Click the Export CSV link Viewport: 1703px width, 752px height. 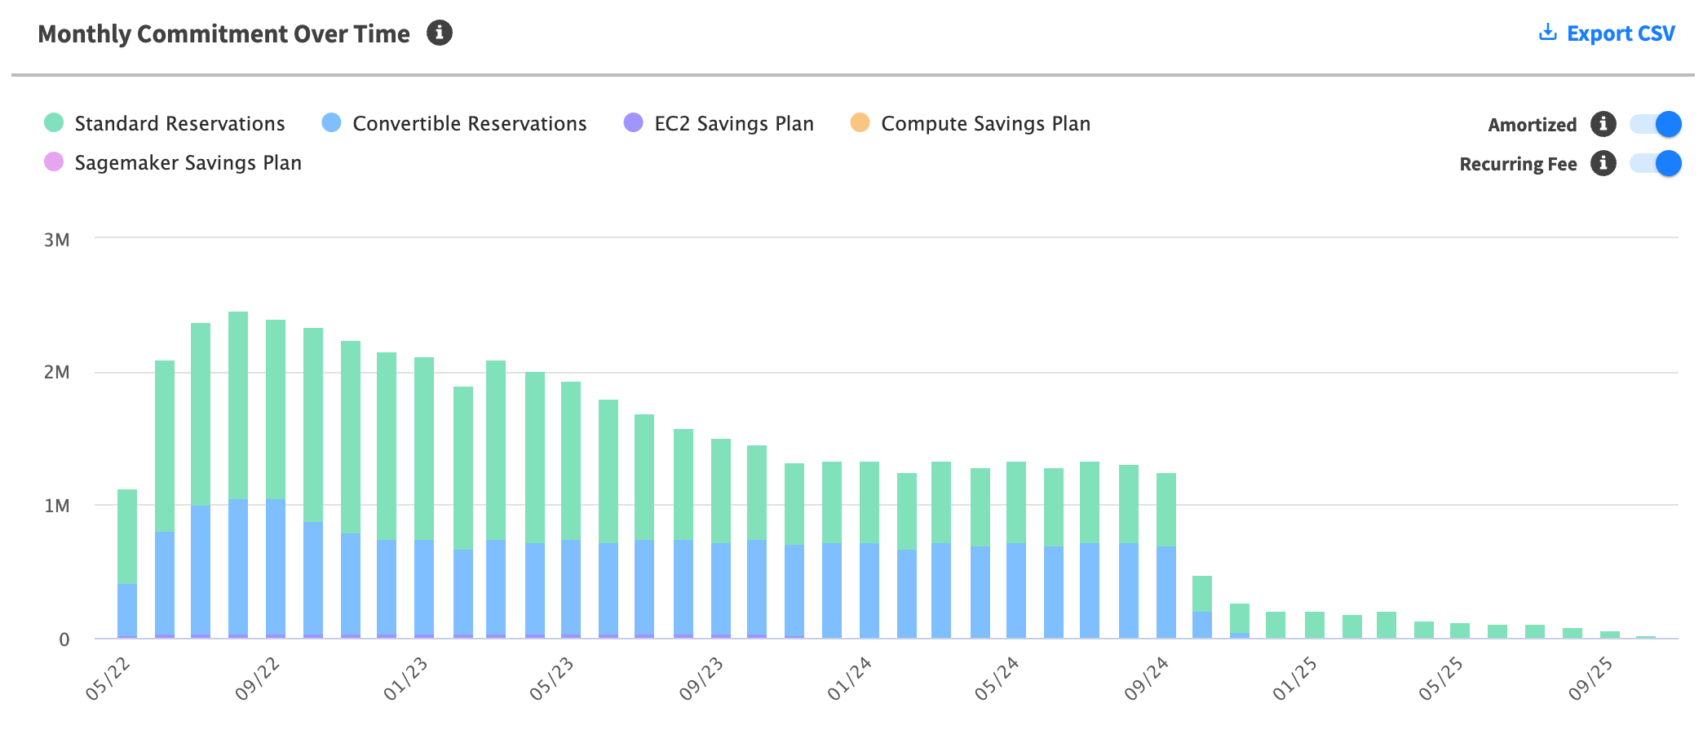pyautogui.click(x=1607, y=33)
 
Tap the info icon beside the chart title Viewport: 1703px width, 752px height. pyautogui.click(x=440, y=33)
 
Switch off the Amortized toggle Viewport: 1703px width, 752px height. pyautogui.click(x=1656, y=124)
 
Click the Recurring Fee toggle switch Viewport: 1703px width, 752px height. pyautogui.click(x=1656, y=163)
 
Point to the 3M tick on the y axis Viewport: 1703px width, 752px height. pyautogui.click(x=57, y=240)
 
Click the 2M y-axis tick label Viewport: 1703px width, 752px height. pyautogui.click(x=57, y=373)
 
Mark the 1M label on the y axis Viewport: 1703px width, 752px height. pyautogui.click(x=57, y=506)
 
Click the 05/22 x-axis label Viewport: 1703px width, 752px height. pyautogui.click(x=108, y=679)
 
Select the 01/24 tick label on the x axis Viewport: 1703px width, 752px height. pyautogui.click(x=850, y=679)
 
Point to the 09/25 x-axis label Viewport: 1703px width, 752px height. pyautogui.click(x=1590, y=679)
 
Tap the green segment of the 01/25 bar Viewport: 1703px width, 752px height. pyautogui.click(x=1315, y=625)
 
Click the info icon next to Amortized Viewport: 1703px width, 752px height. pyautogui.click(x=1603, y=124)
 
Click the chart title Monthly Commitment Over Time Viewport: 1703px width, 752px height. pyautogui.click(x=223, y=33)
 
